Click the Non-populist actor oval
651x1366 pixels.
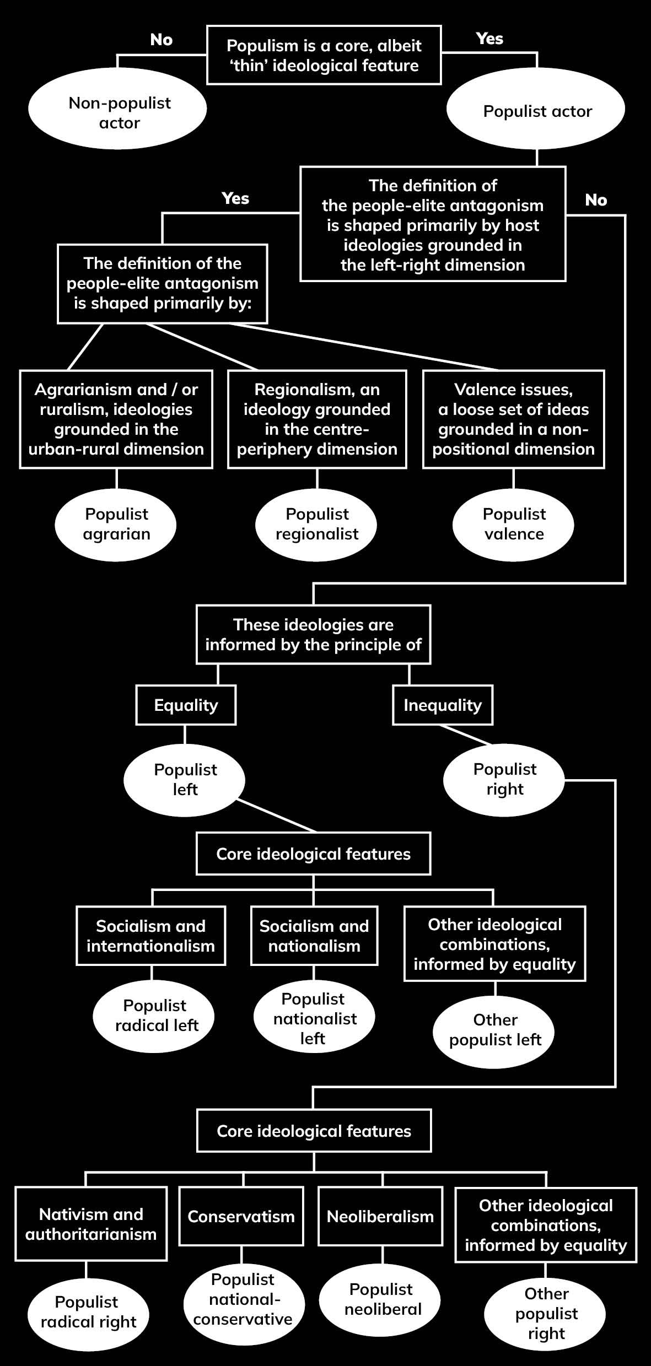117,112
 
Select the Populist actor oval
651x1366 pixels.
536,111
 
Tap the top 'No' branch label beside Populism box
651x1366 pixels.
161,40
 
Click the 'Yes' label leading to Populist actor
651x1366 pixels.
489,39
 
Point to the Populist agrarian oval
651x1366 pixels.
116,524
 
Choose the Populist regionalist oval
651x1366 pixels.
316,524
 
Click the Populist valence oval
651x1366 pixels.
513,524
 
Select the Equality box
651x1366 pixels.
186,705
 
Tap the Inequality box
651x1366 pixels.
442,705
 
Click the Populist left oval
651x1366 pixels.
185,779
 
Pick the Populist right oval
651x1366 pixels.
504,779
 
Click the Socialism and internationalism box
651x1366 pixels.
150,936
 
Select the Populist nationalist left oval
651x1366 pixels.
314,1018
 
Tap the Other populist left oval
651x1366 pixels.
494,1030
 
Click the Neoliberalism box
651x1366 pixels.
380,1216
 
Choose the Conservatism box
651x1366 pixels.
241,1216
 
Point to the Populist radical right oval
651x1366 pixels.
88,1312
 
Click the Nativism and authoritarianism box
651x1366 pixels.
91,1224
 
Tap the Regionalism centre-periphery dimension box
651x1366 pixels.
317,419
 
